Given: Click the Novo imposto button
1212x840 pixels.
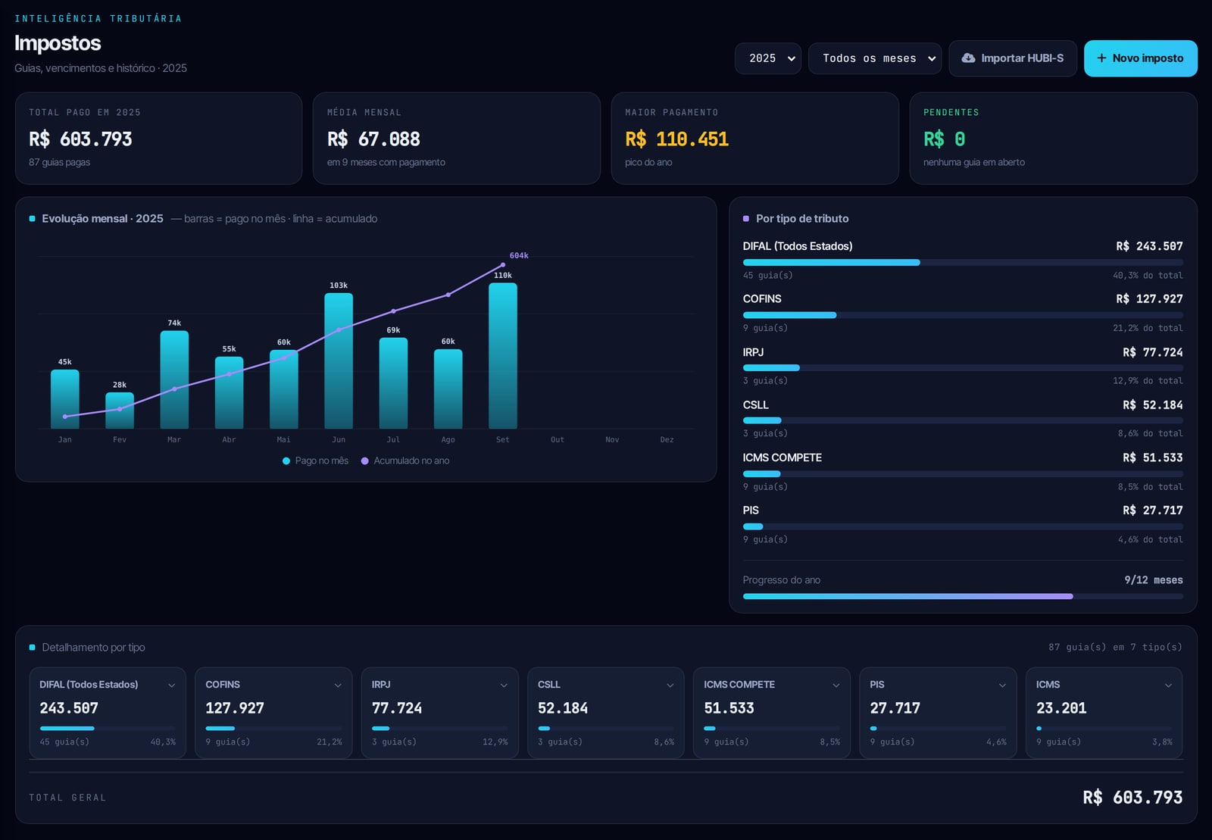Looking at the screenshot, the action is point(1140,58).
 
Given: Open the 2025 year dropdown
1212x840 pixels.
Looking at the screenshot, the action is point(768,58).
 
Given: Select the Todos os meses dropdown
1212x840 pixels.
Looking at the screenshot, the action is point(874,58).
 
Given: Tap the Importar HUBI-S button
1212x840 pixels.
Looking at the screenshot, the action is point(1012,58).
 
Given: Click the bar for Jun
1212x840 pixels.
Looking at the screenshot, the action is point(339,361).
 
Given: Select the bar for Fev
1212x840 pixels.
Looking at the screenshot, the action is point(120,411).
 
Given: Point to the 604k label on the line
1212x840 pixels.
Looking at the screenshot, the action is point(519,255).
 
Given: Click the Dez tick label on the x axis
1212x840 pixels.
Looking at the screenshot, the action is point(667,440).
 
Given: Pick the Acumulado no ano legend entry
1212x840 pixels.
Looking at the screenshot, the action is point(405,461).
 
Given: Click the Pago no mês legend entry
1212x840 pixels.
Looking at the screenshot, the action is point(315,461).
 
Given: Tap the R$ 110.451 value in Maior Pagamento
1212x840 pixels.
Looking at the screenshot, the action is point(677,139).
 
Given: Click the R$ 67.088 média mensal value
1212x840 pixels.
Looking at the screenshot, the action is point(373,139).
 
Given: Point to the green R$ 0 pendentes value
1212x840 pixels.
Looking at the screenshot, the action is point(944,139).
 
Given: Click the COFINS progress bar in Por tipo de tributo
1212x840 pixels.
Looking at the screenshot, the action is point(963,315).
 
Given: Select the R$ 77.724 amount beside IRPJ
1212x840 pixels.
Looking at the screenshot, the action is point(1152,353).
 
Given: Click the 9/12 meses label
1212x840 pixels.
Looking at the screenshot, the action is point(1154,580).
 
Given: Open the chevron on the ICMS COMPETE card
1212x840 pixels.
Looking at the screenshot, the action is point(836,685).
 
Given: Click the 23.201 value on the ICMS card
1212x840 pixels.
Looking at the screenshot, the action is point(1061,708).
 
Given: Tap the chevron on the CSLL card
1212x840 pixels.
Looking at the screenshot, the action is point(670,685).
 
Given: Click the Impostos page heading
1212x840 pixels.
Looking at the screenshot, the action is point(58,43).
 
